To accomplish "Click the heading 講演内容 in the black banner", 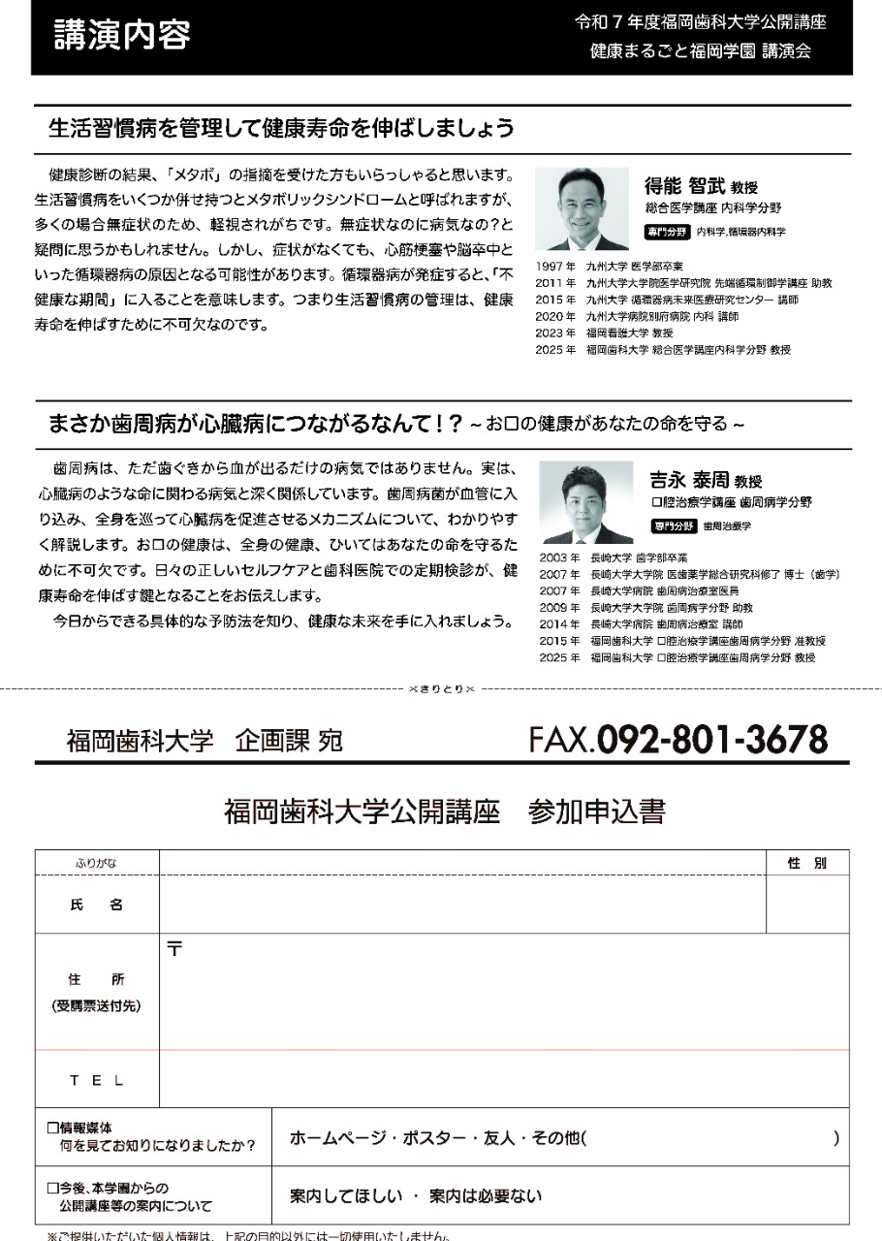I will (122, 35).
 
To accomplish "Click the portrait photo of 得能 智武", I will (582, 209).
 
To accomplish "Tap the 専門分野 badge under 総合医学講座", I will (667, 232).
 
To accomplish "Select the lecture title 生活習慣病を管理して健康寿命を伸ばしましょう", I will (281, 127).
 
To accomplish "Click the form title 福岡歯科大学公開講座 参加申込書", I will (444, 811).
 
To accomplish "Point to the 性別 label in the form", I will (806, 863).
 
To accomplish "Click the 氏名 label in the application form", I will (97, 905).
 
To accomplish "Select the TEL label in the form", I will (97, 1080).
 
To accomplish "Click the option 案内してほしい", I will (346, 1196).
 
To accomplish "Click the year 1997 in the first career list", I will (549, 265).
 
